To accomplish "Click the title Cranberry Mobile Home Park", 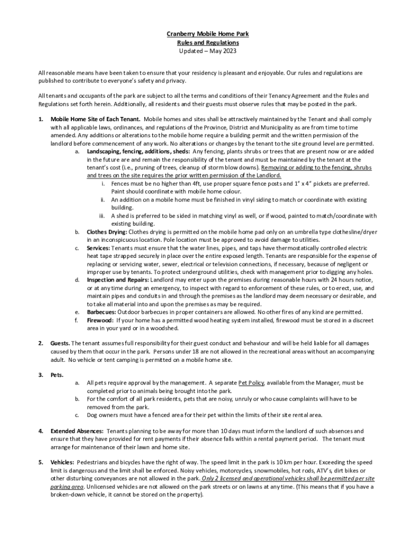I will (206, 34).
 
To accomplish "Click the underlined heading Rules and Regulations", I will (206, 42).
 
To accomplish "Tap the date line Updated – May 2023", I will (206, 51).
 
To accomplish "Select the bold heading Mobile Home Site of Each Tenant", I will (95, 119).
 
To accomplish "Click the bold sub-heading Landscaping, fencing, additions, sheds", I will (136, 152).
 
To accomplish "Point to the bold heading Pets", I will (57, 375).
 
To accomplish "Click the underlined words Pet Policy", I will (251, 383).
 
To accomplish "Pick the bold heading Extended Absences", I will (77, 431).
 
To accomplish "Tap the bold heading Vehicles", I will (63, 462).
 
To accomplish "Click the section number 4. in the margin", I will (41, 431).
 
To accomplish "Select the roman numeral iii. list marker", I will (101, 216).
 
